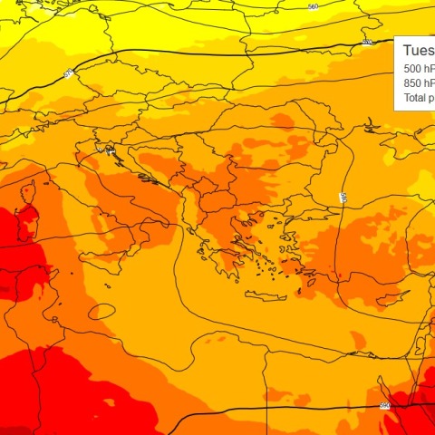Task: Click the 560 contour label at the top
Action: click(x=314, y=7)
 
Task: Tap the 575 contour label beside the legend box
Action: click(x=367, y=42)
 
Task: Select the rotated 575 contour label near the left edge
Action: click(x=69, y=73)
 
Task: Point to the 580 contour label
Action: click(x=343, y=197)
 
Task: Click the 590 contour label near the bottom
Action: click(x=384, y=405)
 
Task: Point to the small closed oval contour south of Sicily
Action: click(x=101, y=311)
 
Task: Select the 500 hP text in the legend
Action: click(x=418, y=68)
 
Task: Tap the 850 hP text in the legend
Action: click(x=418, y=82)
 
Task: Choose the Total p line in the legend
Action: click(x=418, y=97)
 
